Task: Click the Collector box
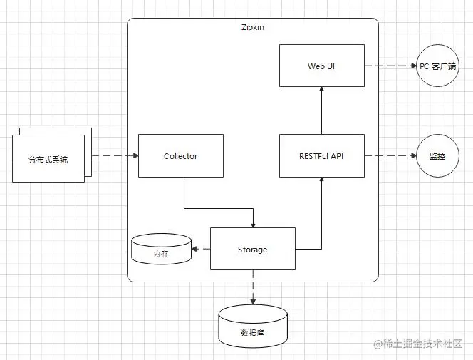tap(180, 155)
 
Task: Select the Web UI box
tap(321, 66)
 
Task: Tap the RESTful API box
tap(321, 155)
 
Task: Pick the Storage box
tap(252, 249)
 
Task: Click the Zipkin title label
tap(253, 27)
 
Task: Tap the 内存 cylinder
tap(161, 250)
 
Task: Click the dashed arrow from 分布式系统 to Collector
tap(115, 155)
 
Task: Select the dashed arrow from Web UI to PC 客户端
tap(390, 66)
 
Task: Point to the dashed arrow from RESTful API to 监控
tap(390, 155)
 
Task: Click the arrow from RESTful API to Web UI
tap(321, 110)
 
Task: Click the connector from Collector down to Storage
tap(214, 208)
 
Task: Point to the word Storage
tap(252, 250)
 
